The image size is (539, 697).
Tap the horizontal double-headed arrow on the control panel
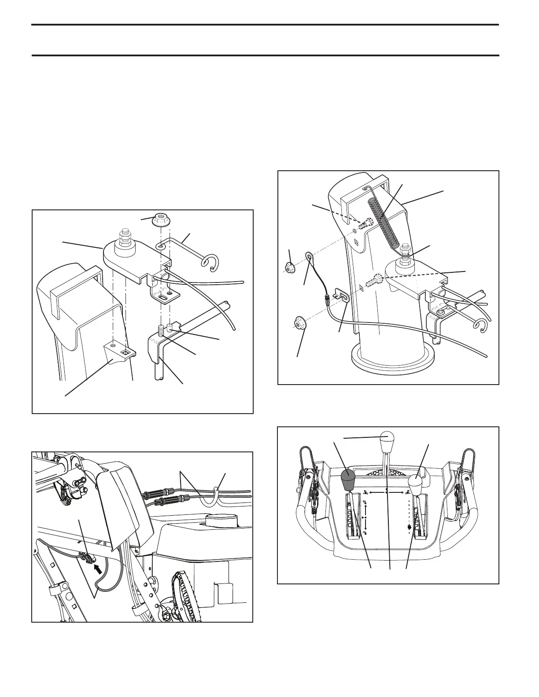click(386, 492)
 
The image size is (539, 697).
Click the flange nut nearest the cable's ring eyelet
click(290, 267)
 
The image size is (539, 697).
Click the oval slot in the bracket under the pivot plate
click(163, 298)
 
